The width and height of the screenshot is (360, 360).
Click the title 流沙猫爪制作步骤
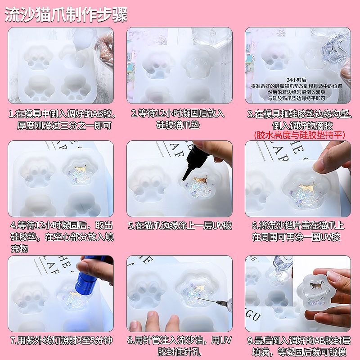(66, 15)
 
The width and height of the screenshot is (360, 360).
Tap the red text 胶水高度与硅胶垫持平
(300, 135)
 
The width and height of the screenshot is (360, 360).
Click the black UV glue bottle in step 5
(198, 161)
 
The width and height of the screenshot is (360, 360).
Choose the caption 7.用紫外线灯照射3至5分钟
(61, 340)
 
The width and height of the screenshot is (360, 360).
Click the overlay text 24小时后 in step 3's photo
(297, 80)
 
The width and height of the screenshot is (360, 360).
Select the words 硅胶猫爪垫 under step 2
(178, 125)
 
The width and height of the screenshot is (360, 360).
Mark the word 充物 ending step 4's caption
(19, 249)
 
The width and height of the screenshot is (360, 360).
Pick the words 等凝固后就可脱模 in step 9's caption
(311, 352)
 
